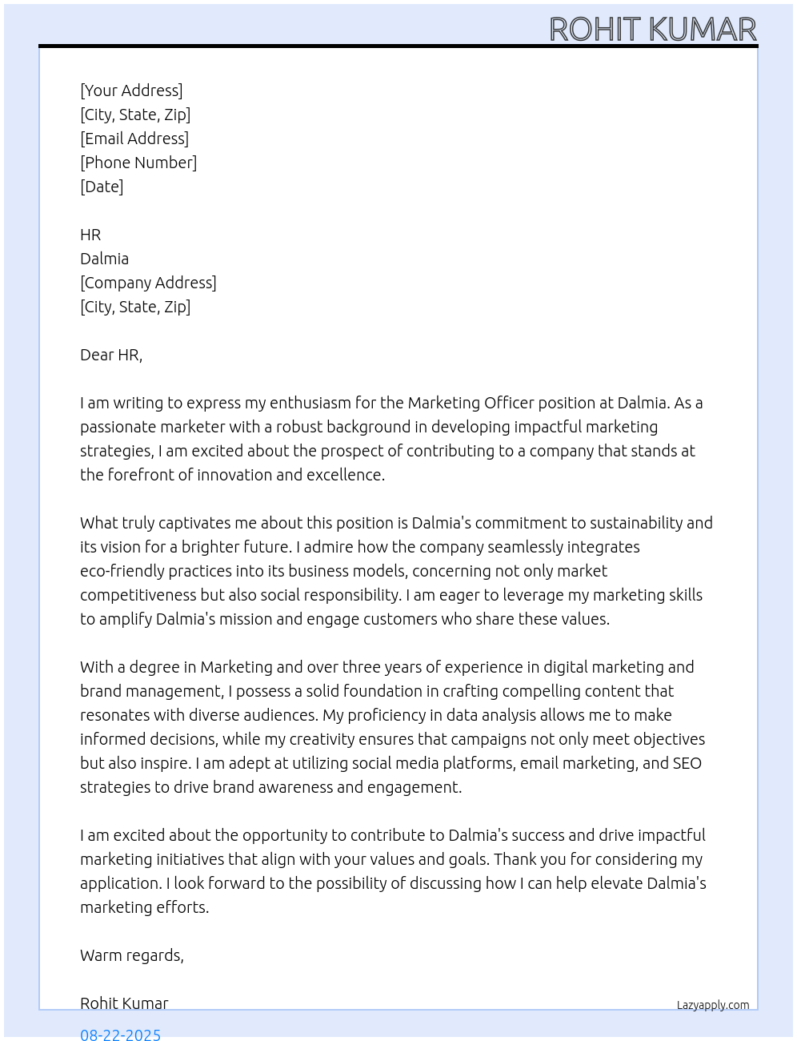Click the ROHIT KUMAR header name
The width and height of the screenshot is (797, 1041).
tap(652, 30)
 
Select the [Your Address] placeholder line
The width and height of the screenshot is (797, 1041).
tap(131, 90)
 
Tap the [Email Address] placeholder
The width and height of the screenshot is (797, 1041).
tap(134, 139)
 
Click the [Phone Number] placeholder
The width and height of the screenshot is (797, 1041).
tap(138, 163)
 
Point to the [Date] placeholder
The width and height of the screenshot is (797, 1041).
tap(102, 187)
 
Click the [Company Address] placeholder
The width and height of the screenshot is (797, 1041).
tap(148, 283)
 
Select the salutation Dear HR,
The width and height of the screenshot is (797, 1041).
tap(111, 355)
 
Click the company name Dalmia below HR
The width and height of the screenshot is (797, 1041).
tap(104, 259)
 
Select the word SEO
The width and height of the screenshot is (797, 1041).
tap(687, 763)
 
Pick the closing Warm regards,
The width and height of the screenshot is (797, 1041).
tap(132, 955)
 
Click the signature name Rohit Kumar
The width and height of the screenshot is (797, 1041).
tap(124, 1003)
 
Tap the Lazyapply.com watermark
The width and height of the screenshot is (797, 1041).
tap(713, 1005)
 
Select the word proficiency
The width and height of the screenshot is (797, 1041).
tap(370, 715)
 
